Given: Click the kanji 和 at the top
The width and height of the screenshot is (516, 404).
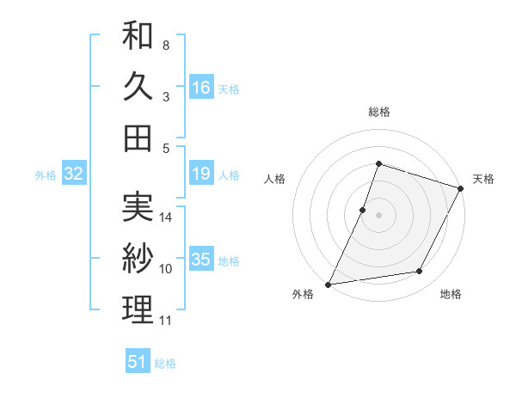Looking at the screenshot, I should [138, 37].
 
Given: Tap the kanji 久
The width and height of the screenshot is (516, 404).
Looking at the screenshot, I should [138, 87].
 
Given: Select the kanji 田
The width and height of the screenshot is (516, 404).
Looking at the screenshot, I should [138, 138].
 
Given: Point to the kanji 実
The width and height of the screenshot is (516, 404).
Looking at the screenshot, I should [138, 207].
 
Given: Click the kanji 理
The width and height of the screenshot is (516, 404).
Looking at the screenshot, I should [138, 310].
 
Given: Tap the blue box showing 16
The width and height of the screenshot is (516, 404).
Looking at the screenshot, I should [201, 87].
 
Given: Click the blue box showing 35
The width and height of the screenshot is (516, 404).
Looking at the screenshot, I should [201, 260].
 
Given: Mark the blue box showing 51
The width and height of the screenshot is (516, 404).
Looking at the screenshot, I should [138, 362].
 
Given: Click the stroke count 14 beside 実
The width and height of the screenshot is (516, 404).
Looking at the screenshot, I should [166, 217].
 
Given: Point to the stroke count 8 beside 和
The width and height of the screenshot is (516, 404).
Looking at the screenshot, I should [165, 45].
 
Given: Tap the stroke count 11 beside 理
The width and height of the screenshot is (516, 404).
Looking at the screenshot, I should [166, 321].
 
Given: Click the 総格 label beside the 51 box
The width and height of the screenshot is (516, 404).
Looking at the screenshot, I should [165, 364].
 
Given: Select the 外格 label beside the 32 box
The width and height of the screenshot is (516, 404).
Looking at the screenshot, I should [46, 175].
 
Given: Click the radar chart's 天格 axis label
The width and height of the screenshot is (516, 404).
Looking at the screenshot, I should [484, 179].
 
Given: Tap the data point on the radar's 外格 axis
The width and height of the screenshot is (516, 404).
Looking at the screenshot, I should [329, 285].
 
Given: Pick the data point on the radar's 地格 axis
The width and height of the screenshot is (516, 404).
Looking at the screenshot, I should [420, 272].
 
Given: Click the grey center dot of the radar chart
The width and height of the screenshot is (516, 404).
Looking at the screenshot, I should [378, 215].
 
